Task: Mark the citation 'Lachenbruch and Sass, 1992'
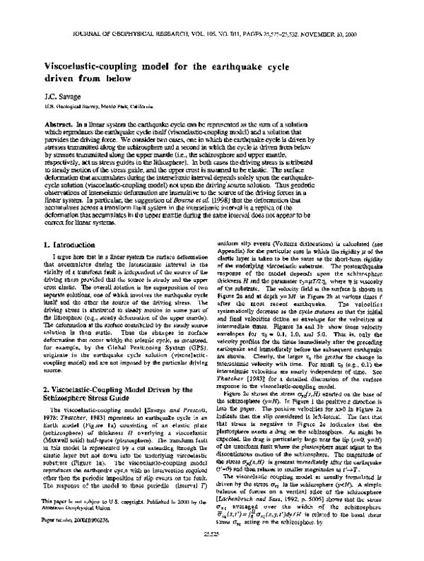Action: (x=283, y=493)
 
